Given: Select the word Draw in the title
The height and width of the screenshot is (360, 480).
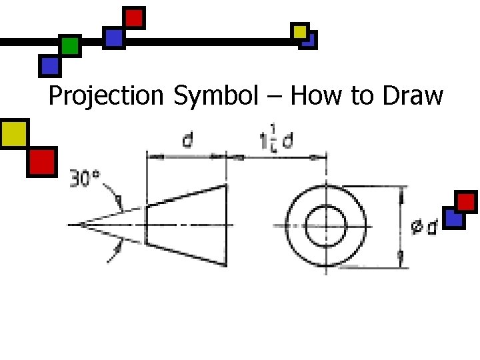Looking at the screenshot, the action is click(413, 97).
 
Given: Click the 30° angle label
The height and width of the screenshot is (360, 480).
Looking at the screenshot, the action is click(85, 179).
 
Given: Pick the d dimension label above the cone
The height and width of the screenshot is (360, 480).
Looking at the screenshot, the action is click(188, 141).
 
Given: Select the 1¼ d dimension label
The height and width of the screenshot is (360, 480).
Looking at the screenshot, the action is click(275, 142).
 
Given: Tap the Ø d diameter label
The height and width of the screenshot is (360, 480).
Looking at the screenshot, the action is click(423, 227).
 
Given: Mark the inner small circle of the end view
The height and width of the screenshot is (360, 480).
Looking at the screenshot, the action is click(326, 225).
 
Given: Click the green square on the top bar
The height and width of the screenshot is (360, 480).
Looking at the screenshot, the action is click(69, 46).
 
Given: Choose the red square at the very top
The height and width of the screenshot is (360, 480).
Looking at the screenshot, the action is click(135, 17).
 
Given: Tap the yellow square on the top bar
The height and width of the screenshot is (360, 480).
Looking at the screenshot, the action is click(300, 31).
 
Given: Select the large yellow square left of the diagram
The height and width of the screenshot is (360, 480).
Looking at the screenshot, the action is click(14, 133).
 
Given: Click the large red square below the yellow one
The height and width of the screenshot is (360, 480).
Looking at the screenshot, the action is click(42, 161).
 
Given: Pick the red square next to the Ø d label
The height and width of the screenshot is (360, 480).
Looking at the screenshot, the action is click(466, 201).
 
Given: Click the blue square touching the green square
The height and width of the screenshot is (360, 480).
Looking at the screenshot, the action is click(49, 65).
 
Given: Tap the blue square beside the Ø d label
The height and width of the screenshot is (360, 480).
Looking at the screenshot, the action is click(453, 218).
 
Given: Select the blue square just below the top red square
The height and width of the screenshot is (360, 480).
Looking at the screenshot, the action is click(114, 37).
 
